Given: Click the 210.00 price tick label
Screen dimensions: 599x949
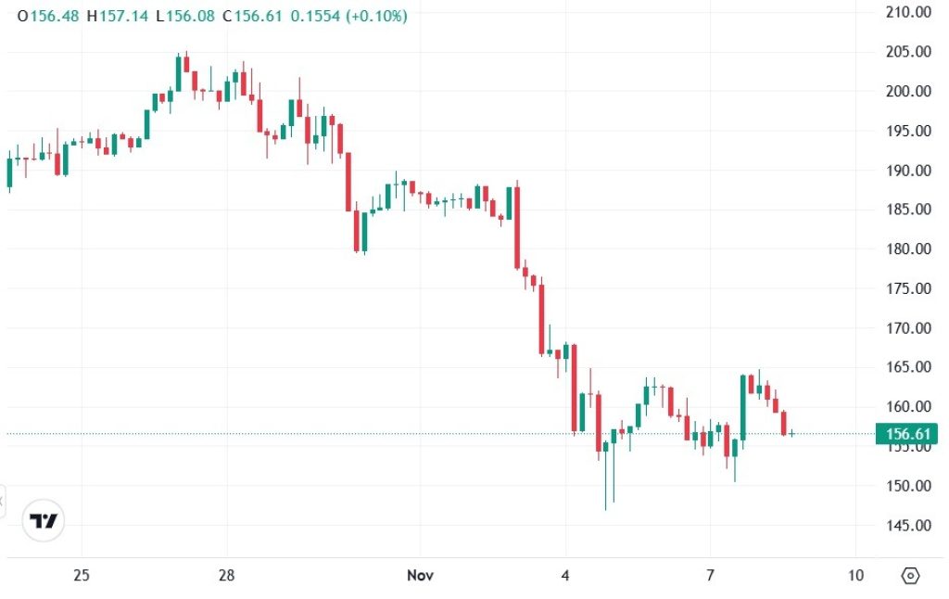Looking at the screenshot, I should pyautogui.click(x=908, y=12).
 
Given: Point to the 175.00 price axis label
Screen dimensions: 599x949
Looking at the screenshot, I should pyautogui.click(x=908, y=288).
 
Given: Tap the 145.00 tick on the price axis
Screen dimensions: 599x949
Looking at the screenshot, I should pyautogui.click(x=908, y=525).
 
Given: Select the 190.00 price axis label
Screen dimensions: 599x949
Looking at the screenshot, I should pyautogui.click(x=908, y=170).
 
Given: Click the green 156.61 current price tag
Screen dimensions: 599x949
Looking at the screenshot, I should pyautogui.click(x=908, y=433).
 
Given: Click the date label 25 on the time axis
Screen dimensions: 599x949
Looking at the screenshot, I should pyautogui.click(x=82, y=576).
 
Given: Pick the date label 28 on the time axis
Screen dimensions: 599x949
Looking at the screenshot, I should pyautogui.click(x=227, y=576).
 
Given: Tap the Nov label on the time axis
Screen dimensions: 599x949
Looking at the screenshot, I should pyautogui.click(x=421, y=576).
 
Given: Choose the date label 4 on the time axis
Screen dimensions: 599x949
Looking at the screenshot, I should pyautogui.click(x=565, y=576).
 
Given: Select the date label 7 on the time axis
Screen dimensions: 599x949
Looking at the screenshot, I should pyautogui.click(x=710, y=576).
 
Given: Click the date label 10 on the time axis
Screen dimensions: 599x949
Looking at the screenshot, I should pyautogui.click(x=855, y=576).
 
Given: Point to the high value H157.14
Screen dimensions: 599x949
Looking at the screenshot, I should pyautogui.click(x=117, y=17).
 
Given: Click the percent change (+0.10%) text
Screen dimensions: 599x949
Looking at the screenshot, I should pyautogui.click(x=376, y=17).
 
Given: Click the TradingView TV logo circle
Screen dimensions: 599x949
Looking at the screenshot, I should pyautogui.click(x=44, y=520).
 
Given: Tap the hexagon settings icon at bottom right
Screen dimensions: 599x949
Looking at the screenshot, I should pyautogui.click(x=910, y=576).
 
